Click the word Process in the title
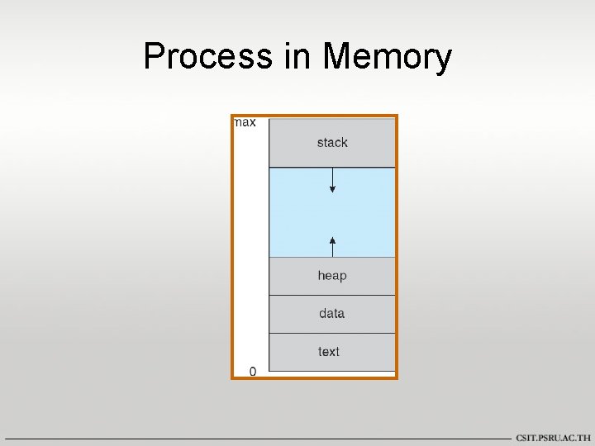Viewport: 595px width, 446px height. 207,57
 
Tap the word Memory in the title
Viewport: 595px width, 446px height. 388,57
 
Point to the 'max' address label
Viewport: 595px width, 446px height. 245,122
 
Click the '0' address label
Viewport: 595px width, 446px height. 252,371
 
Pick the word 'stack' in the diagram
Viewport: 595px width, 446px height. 332,143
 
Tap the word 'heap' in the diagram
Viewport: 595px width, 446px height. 332,276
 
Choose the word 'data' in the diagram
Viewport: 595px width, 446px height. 331,313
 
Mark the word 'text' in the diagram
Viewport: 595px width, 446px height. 329,352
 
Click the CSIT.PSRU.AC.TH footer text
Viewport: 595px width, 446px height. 553,438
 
